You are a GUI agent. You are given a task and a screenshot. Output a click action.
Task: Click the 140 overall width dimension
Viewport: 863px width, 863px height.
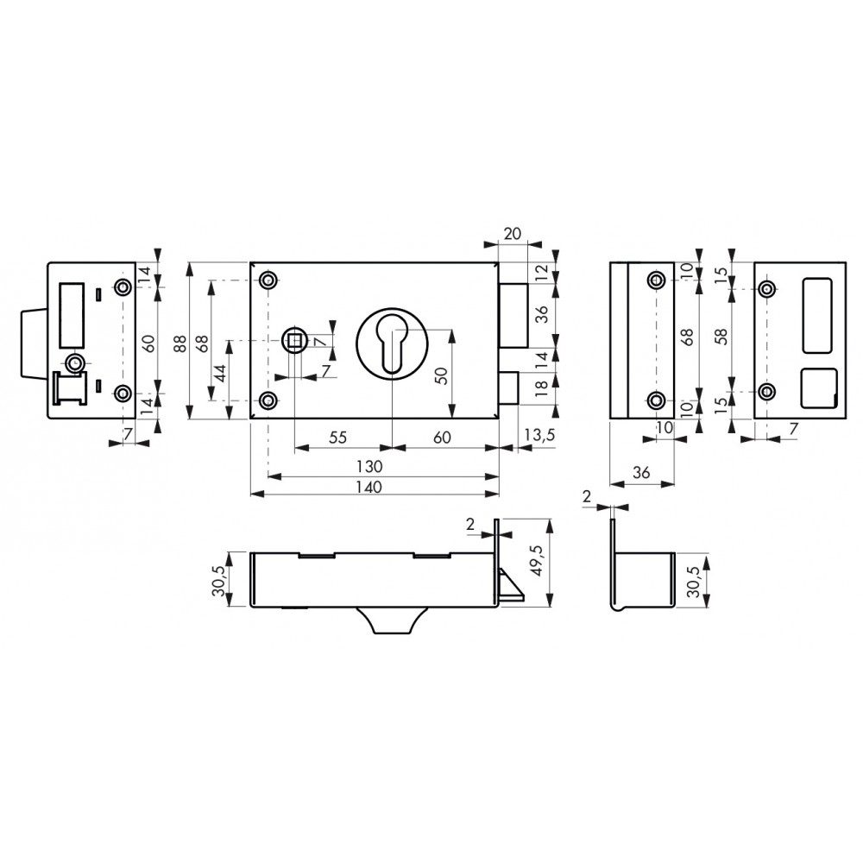[x=369, y=487]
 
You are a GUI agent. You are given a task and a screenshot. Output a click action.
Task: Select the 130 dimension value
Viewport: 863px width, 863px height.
[x=369, y=467]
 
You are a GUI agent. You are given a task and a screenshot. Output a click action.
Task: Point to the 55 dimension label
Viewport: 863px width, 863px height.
[x=338, y=438]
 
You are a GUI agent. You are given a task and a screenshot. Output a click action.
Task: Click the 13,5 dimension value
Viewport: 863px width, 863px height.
[x=539, y=435]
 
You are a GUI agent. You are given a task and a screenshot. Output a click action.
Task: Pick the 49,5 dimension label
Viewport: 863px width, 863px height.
[x=537, y=560]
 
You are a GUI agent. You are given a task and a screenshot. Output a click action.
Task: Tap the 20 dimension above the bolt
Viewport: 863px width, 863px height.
[x=512, y=233]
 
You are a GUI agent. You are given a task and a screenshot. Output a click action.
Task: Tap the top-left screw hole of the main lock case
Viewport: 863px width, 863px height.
[x=268, y=280]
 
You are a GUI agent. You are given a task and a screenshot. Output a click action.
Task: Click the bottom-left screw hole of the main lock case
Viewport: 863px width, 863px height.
[x=268, y=400]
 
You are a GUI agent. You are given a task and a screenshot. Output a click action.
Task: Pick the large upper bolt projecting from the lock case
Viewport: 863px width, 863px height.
[x=513, y=316]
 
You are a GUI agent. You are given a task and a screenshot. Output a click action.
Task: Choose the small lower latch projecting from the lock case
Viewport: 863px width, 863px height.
[x=508, y=388]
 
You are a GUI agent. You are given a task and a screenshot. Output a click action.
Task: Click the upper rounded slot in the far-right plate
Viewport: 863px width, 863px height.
[x=818, y=315]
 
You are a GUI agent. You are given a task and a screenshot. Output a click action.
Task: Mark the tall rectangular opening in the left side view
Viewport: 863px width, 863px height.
[x=72, y=315]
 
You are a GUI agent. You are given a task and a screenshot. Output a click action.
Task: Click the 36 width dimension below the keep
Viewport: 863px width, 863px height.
[x=642, y=472]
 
